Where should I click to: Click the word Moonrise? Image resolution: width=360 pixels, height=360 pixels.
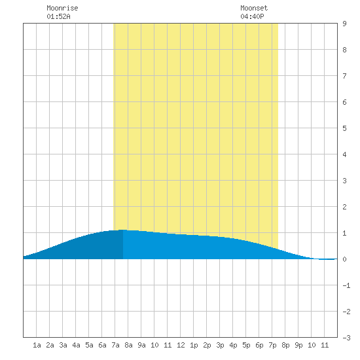pos(62,8)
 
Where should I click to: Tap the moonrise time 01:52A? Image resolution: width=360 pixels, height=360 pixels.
pos(58,16)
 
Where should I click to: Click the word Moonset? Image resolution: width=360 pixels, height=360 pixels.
pos(254,8)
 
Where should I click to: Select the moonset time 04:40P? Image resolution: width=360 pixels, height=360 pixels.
pos(252,16)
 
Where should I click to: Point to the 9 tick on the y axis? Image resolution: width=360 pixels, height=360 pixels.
pos(344,24)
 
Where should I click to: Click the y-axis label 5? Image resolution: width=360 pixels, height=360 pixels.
pos(344,128)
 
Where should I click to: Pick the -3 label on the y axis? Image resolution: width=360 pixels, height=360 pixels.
pos(346,338)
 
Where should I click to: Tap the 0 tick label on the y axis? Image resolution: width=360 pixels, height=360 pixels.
pos(344,259)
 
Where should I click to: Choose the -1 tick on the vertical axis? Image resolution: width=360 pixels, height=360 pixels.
pos(346,285)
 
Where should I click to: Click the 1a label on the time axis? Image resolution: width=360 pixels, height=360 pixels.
pos(37,345)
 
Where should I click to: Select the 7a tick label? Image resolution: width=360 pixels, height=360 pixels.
pos(115,345)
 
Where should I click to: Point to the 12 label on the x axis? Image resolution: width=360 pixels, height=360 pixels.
pos(181,345)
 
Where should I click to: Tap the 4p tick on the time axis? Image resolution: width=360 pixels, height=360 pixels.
pos(233,345)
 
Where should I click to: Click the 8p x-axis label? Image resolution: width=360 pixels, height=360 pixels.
pos(285,345)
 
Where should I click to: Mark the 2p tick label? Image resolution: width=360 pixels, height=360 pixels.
pos(207,345)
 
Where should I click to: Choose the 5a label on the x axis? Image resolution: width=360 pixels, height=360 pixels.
pos(89,345)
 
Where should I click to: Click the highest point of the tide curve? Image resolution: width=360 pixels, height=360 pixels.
pos(123,230)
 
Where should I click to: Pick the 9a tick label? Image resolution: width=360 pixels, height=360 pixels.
pos(141,345)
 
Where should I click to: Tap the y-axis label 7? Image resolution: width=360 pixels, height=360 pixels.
pos(344,76)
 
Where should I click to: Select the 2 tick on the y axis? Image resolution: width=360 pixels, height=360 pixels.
pos(344,207)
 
